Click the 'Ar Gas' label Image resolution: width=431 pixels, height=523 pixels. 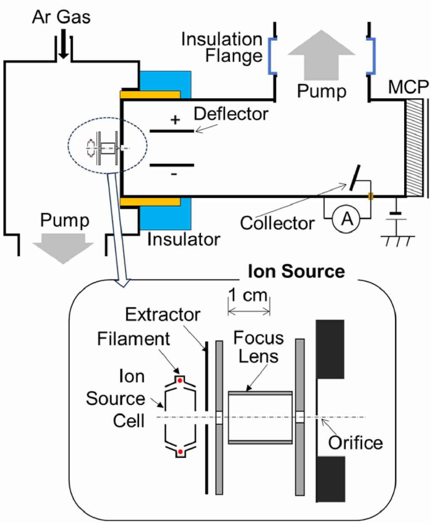click(61, 17)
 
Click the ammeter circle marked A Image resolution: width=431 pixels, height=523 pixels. click(346, 218)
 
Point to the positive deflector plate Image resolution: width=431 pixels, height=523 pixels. click(172, 131)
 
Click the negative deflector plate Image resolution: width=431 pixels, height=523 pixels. click(172, 165)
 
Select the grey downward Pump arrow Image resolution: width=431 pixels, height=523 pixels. click(63, 248)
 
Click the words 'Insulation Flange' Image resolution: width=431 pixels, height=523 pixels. click(222, 48)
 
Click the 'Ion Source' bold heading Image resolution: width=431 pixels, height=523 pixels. click(296, 271)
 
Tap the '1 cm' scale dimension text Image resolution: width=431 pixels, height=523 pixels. click(248, 295)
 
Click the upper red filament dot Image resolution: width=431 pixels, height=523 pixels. click(180, 380)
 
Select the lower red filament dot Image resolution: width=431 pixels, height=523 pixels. click(180, 452)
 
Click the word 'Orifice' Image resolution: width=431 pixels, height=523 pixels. click(355, 443)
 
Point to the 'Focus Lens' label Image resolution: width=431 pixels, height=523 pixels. click(258, 347)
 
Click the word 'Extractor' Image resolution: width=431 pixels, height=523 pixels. click(163, 315)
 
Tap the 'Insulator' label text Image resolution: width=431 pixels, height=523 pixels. click(184, 239)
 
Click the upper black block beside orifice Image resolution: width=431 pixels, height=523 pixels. click(330, 349)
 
